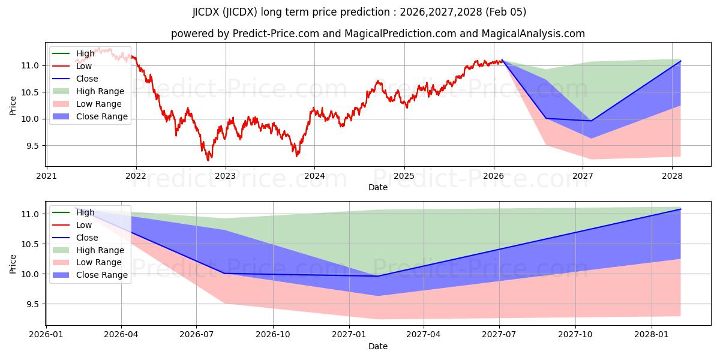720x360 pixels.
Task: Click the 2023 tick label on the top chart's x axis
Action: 225,176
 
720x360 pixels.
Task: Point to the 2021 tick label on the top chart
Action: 47,176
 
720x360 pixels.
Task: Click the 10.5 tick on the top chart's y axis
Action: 31,92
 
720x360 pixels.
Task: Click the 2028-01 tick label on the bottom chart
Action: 652,335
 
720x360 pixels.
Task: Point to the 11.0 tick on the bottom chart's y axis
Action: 31,214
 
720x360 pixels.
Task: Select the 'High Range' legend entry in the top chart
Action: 100,91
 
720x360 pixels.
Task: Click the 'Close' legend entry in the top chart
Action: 87,79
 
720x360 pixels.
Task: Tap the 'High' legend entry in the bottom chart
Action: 85,212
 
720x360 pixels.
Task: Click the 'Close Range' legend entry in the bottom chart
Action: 102,275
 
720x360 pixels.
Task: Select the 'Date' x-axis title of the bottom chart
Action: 378,346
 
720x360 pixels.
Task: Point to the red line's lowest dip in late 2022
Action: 208,160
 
